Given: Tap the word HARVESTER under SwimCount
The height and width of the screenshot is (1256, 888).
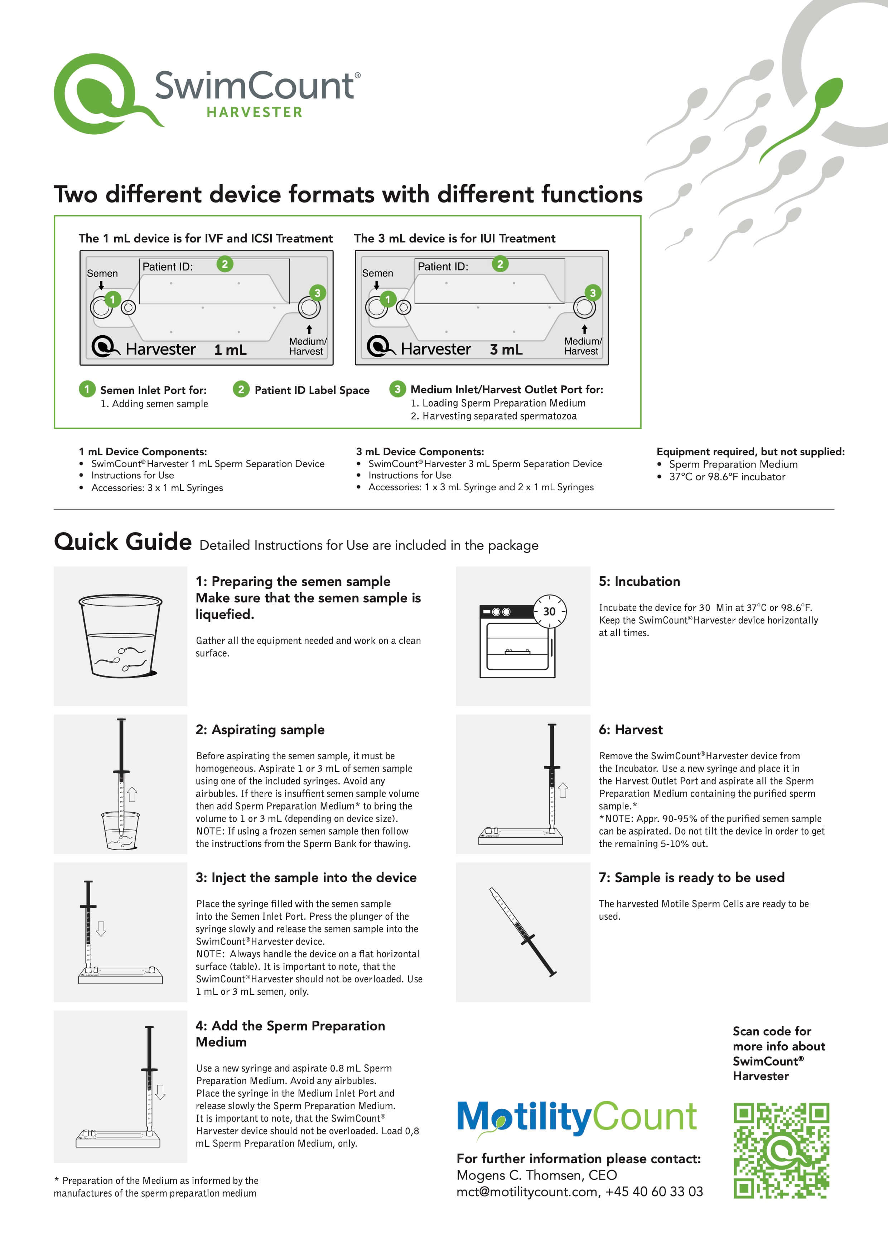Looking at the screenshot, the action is pos(254,112).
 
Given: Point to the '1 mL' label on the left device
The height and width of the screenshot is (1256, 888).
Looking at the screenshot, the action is pos(230,350).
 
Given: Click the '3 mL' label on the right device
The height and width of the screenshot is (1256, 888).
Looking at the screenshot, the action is pos(506,350).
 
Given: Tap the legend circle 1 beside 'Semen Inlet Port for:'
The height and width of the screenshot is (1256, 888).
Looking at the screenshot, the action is pos(87,389).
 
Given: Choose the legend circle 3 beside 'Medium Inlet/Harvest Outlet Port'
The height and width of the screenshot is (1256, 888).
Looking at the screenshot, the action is pos(397,389).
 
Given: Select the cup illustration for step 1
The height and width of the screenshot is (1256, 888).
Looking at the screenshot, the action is pos(121,636).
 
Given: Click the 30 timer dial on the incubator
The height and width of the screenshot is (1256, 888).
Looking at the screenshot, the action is pos(550,611).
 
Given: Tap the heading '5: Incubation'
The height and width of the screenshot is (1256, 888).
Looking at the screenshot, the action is pos(639,582).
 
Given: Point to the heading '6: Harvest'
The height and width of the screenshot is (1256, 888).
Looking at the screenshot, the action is pos(631,730).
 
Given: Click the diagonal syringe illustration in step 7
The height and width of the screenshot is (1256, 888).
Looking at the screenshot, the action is pos(523,932).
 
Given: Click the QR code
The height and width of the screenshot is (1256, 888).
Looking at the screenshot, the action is pos(781,1150).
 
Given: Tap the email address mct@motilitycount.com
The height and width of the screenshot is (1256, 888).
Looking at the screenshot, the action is pos(527,1192).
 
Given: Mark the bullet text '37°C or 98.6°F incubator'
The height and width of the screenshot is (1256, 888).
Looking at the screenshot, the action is pos(727,476).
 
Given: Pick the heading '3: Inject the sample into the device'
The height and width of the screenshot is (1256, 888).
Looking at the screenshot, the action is pos(306,877).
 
